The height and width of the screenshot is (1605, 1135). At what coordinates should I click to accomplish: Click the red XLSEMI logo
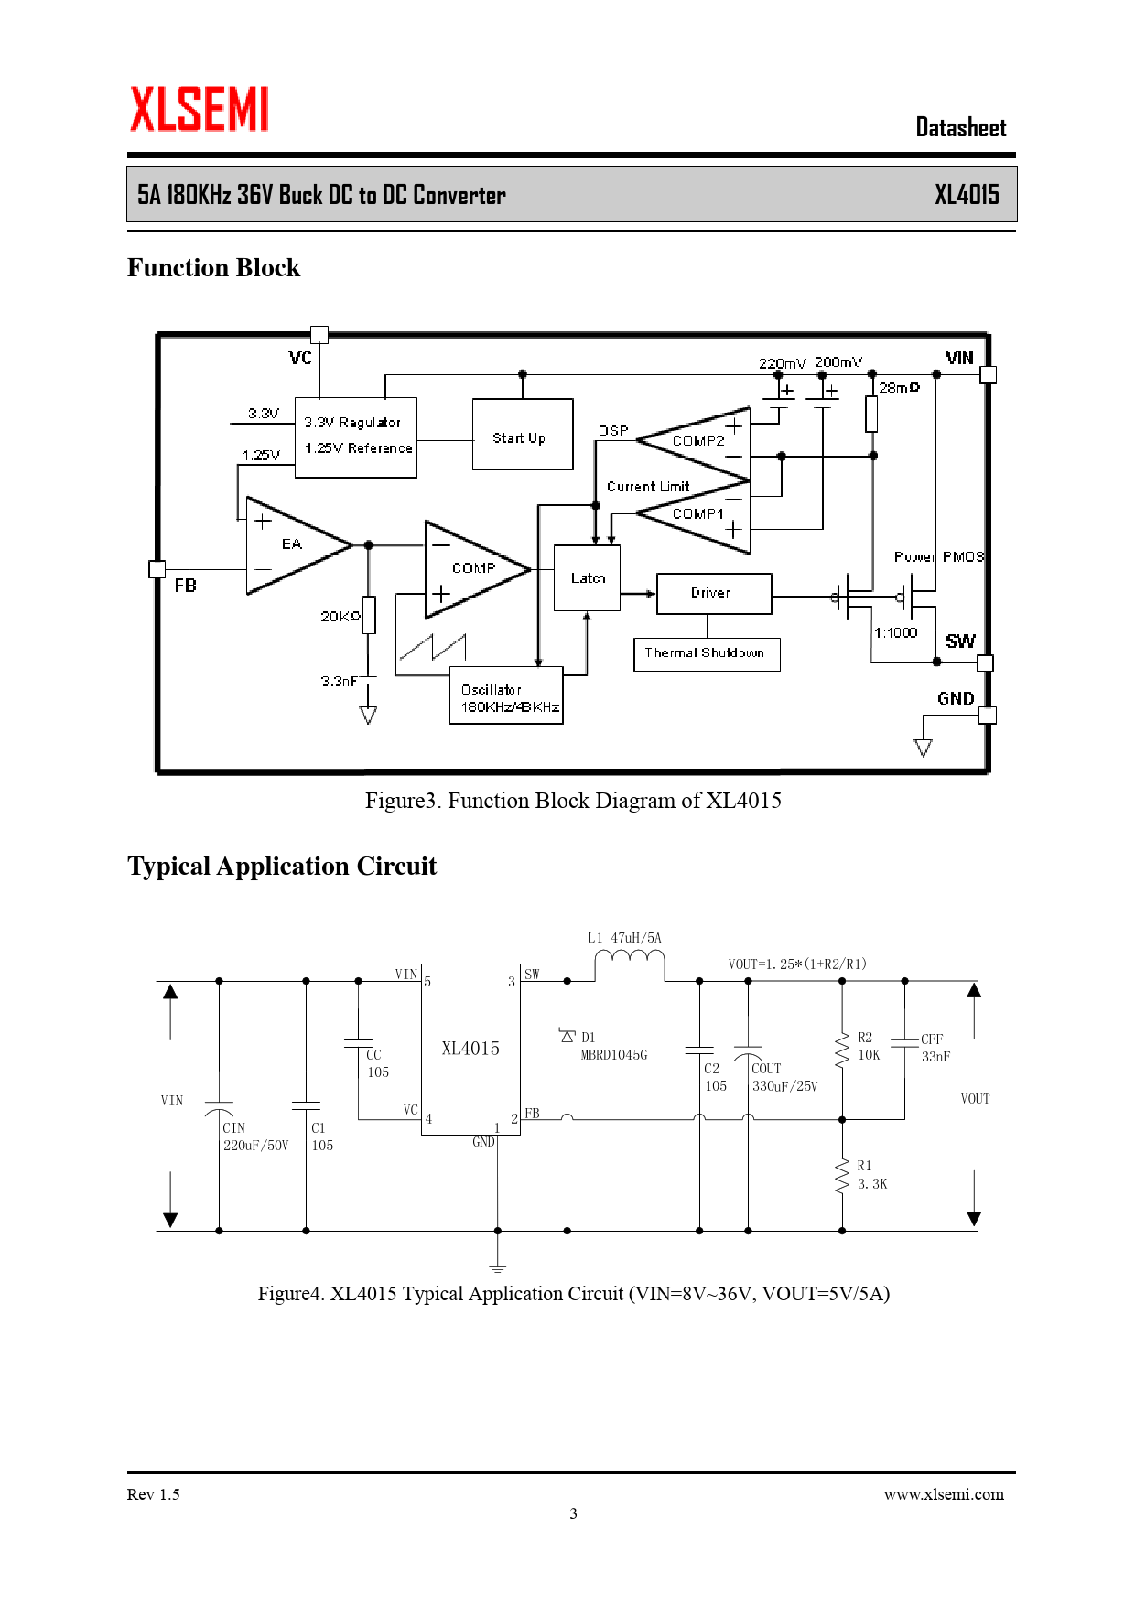199,110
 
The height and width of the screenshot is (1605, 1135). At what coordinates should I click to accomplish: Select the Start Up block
522,435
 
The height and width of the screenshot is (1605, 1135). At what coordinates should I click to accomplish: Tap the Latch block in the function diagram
588,578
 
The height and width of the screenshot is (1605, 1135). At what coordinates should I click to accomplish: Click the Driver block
714,593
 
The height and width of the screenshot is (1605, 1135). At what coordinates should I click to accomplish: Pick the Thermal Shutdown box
706,653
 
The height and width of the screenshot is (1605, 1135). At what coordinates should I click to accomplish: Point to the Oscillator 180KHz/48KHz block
506,697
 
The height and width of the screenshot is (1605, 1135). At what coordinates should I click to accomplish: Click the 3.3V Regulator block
356,436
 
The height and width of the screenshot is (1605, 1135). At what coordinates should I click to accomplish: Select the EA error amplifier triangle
293,545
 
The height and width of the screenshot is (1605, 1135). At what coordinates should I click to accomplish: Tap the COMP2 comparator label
697,441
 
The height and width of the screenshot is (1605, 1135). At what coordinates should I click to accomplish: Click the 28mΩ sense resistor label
899,388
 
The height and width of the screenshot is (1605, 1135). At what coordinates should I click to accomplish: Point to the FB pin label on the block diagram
186,586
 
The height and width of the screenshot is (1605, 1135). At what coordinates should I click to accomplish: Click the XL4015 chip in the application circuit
470,1049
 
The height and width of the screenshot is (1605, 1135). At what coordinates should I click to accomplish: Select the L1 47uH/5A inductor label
624,938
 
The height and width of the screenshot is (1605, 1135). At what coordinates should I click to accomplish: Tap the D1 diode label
589,1038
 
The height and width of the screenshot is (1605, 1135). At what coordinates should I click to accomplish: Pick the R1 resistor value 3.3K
872,1184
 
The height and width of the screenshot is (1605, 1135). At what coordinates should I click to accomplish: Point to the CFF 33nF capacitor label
935,1048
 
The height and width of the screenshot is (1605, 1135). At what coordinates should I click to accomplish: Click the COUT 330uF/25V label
784,1078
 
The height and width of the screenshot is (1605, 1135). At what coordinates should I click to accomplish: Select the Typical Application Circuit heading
282,867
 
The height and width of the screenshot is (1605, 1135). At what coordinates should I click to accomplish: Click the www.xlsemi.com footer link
944,1494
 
